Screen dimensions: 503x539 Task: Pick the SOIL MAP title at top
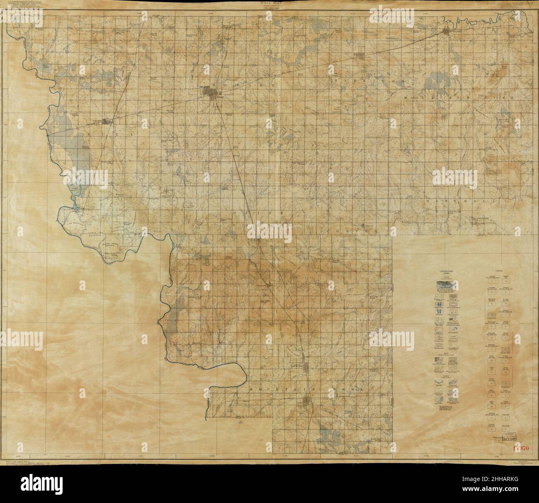pyautogui.click(x=269, y=3)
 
